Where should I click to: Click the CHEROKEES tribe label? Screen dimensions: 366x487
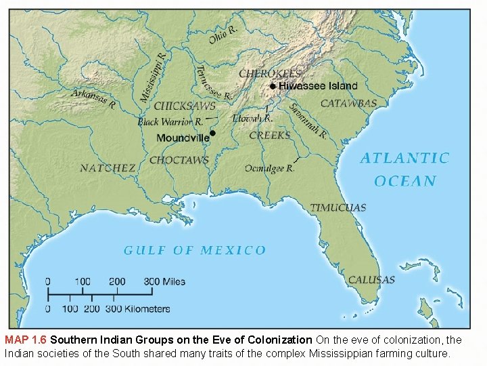click(x=271, y=73)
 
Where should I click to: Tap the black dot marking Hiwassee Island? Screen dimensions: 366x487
click(x=273, y=86)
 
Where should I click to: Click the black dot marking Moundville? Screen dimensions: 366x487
click(x=213, y=133)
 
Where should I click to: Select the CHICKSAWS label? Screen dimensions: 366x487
click(x=185, y=106)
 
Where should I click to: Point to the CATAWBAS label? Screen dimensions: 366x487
click(x=348, y=103)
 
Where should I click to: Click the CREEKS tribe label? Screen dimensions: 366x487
click(x=270, y=136)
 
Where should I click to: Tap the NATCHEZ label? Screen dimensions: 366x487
click(x=108, y=168)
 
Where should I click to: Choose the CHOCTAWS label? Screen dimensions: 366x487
click(x=179, y=161)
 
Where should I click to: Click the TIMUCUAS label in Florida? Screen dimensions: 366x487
click(x=338, y=207)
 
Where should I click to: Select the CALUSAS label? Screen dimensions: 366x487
click(x=371, y=280)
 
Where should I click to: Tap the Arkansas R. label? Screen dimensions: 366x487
click(x=94, y=100)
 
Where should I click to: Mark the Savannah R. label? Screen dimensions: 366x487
click(x=308, y=121)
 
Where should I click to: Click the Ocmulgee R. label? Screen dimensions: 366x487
click(x=269, y=169)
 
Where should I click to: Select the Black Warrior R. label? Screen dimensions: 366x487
click(x=170, y=122)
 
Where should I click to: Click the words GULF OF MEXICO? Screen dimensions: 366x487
click(x=195, y=250)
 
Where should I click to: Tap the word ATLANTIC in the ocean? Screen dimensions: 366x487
click(x=404, y=159)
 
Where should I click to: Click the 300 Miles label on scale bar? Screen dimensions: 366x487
click(x=164, y=281)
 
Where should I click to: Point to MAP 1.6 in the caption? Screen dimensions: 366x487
click(x=26, y=340)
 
